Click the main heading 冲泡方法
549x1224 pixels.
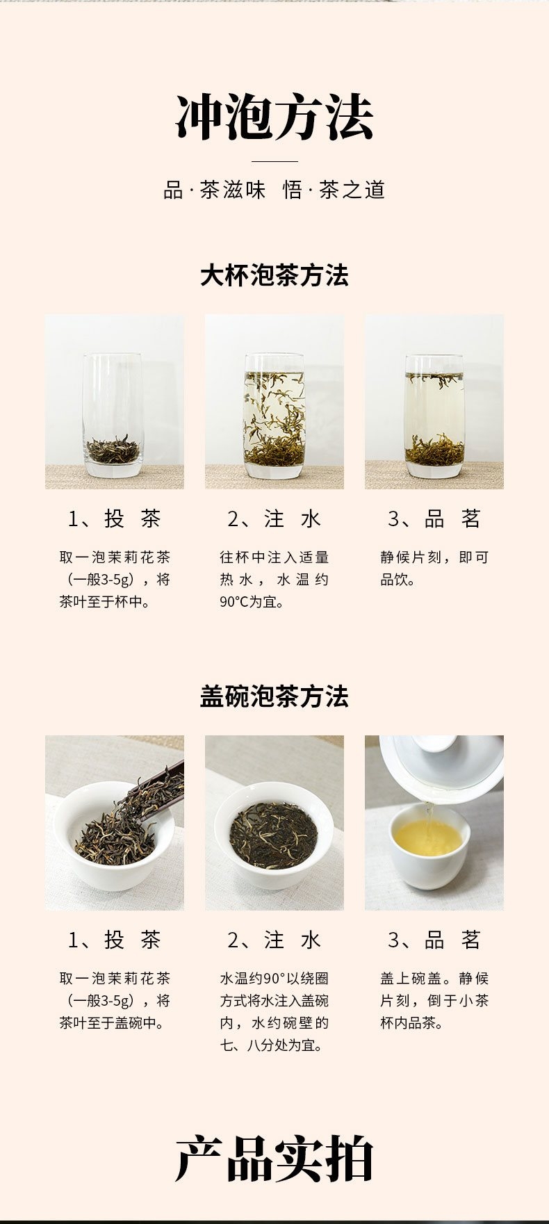click(274, 117)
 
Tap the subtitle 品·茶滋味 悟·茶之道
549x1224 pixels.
click(274, 190)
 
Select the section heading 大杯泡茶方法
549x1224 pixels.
click(274, 275)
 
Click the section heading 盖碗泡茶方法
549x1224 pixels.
click(274, 696)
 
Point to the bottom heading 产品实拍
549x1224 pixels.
click(274, 1159)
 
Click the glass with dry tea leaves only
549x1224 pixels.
click(113, 416)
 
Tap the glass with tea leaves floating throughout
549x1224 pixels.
click(274, 416)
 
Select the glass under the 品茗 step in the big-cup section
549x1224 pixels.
click(434, 416)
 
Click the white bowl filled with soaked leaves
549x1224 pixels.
click(274, 834)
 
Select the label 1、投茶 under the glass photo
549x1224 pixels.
click(115, 519)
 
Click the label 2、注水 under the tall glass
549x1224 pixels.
click(274, 519)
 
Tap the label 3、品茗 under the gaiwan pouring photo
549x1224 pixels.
click(434, 940)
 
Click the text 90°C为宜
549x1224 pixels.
click(252, 602)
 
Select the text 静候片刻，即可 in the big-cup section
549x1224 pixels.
click(434, 557)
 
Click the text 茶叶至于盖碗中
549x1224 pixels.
click(111, 1023)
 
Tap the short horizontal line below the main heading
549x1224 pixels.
click(274, 161)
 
